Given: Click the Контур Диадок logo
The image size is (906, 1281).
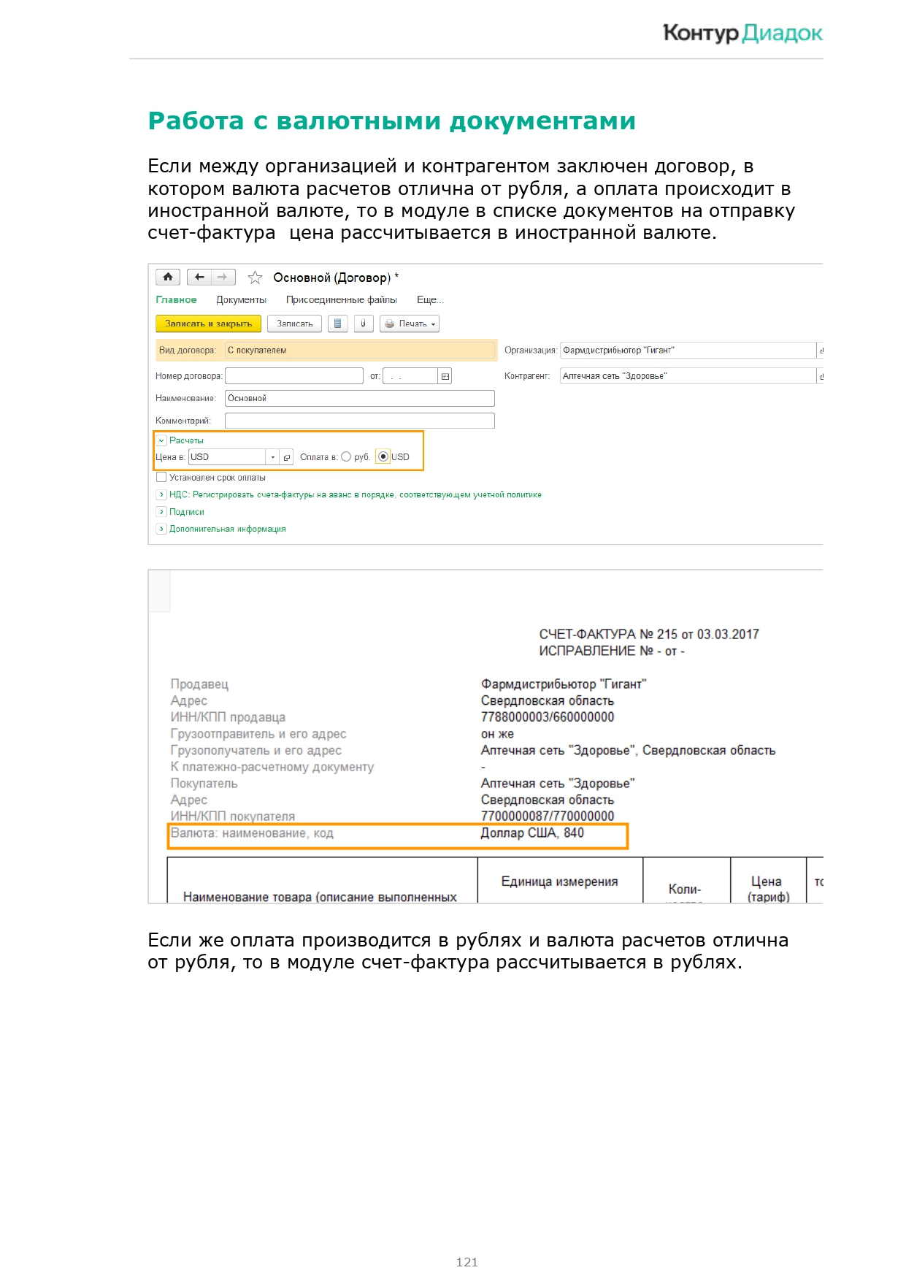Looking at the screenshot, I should [x=742, y=34].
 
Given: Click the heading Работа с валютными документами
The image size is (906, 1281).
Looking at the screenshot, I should [x=391, y=121].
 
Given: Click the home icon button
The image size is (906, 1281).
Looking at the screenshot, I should [x=168, y=278].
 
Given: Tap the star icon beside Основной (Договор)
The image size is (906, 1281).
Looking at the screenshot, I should [x=255, y=278].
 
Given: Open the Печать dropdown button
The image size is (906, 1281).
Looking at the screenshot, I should [x=410, y=324].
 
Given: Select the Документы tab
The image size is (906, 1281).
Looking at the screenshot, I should [x=241, y=300].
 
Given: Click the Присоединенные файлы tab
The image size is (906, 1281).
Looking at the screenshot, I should [x=341, y=300].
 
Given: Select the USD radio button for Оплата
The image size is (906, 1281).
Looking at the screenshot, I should [x=383, y=456].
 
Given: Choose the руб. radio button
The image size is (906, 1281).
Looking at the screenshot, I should [x=346, y=456].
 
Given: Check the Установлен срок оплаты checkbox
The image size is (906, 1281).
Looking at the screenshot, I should [x=161, y=478].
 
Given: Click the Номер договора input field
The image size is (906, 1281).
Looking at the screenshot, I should [x=293, y=376].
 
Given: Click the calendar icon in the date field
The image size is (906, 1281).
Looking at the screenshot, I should [x=445, y=376].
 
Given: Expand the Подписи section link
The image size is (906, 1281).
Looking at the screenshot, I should [x=186, y=512].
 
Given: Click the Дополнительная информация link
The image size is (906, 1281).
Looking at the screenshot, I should [x=227, y=529].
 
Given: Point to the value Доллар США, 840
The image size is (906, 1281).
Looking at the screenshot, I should [x=532, y=833].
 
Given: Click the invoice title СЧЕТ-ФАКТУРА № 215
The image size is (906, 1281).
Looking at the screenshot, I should [x=648, y=635].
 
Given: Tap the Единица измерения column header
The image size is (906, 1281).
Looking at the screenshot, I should [x=559, y=882].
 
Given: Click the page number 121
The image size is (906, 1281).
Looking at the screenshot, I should [x=467, y=1261].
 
